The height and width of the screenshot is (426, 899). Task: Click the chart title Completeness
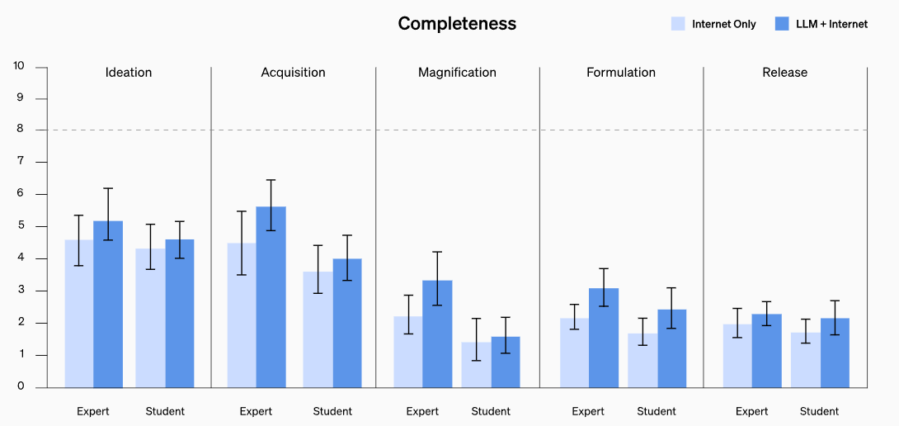[x=457, y=24]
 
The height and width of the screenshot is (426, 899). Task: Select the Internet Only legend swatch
[x=678, y=24]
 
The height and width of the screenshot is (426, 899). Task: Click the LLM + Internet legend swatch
[x=783, y=24]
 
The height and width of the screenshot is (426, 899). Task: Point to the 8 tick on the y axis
[x=19, y=130]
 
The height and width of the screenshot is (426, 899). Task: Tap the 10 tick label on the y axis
[x=19, y=66]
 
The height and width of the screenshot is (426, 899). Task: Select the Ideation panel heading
[x=129, y=73]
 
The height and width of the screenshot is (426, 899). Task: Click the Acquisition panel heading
[x=293, y=73]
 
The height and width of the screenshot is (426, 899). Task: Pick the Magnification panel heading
[x=457, y=73]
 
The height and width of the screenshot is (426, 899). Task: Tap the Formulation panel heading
[x=621, y=73]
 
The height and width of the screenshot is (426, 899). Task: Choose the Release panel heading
[x=784, y=73]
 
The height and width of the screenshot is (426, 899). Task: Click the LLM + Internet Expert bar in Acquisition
[x=271, y=297]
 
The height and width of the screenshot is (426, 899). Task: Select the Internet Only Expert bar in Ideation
[x=79, y=314]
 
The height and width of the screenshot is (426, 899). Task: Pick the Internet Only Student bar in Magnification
[x=476, y=365]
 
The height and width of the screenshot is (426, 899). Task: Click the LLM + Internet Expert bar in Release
[x=766, y=351]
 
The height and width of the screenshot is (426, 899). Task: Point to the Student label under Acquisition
[x=332, y=411]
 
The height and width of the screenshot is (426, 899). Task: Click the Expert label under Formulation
[x=588, y=411]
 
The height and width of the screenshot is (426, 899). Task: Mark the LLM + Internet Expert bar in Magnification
[x=437, y=334]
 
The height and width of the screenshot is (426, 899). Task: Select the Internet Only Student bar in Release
[x=805, y=360]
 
